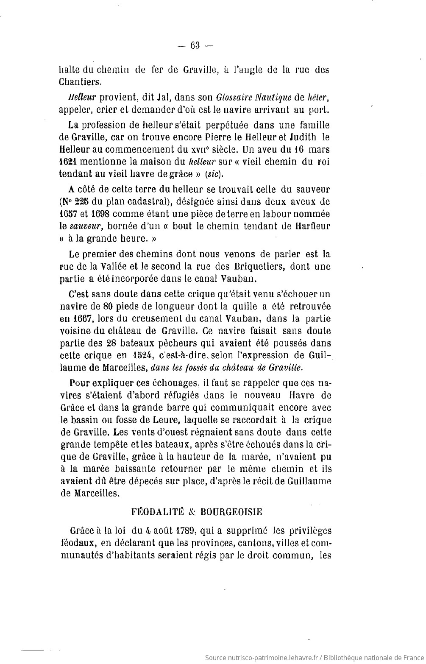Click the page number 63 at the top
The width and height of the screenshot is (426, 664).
[x=195, y=46]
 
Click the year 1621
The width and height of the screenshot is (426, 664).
[x=67, y=162]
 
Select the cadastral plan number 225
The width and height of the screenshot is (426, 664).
[x=88, y=201]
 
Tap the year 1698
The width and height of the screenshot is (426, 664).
[x=100, y=214]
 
